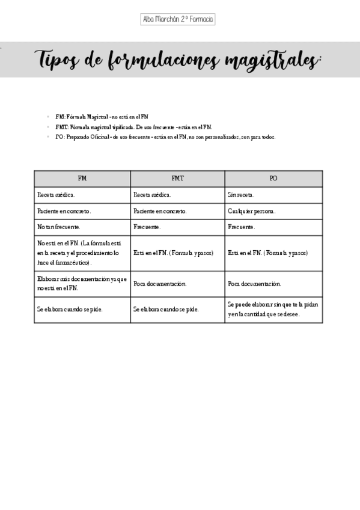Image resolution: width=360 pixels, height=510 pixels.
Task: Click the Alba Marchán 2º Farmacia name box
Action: pyautogui.click(x=178, y=19)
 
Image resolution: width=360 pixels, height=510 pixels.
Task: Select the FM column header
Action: pyautogui.click(x=82, y=179)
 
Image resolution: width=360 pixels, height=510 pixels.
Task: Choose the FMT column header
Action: pyautogui.click(x=177, y=179)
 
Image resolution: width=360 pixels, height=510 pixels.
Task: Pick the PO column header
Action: pyautogui.click(x=273, y=179)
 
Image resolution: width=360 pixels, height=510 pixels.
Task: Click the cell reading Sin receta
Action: pyautogui.click(x=241, y=195)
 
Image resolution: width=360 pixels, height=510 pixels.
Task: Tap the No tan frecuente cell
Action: pyautogui.click(x=59, y=227)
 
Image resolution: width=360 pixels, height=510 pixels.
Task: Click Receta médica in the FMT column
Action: pyautogui.click(x=152, y=195)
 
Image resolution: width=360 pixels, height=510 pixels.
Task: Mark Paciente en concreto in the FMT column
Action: pyautogui.click(x=160, y=211)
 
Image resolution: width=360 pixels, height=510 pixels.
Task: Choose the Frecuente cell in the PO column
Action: pyautogui.click(x=242, y=227)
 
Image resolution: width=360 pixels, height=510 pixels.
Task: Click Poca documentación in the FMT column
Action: pyautogui.click(x=160, y=283)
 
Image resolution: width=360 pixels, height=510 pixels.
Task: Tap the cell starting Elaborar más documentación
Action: pyautogui.click(x=82, y=283)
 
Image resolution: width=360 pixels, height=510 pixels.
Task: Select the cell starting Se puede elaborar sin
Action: pyautogui.click(x=273, y=309)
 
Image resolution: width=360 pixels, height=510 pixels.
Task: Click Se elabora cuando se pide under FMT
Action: pyautogui.click(x=166, y=309)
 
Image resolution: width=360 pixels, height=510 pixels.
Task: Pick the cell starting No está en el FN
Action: pyautogui.click(x=82, y=253)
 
